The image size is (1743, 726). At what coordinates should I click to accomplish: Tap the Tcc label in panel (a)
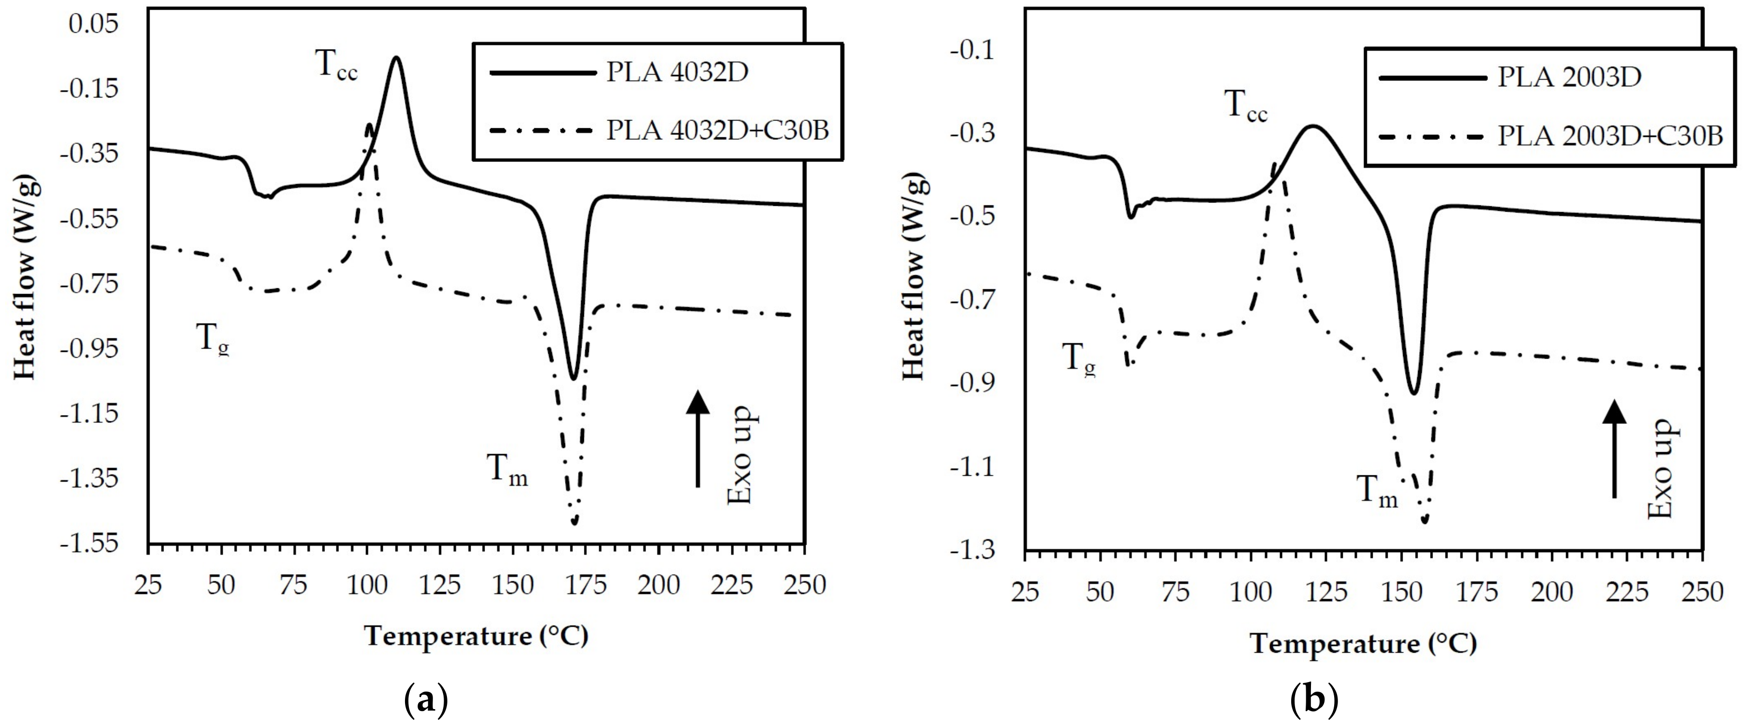click(x=336, y=67)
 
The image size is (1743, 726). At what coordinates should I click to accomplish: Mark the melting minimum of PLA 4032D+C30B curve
click(x=574, y=522)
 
